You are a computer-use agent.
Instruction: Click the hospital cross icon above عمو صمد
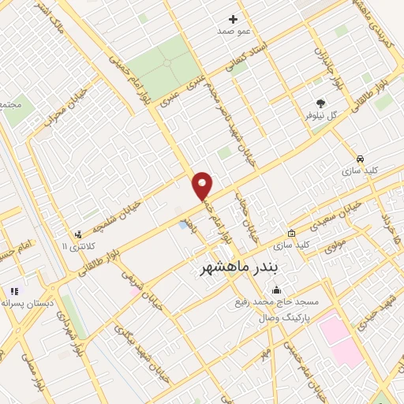pyautogui.click(x=233, y=19)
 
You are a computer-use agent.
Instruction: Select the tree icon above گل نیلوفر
pyautogui.click(x=320, y=103)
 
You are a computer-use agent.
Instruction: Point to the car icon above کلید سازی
pyautogui.click(x=360, y=157)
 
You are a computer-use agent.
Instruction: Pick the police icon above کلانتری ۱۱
pyautogui.click(x=77, y=234)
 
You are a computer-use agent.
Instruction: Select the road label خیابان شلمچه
pyautogui.click(x=115, y=215)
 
